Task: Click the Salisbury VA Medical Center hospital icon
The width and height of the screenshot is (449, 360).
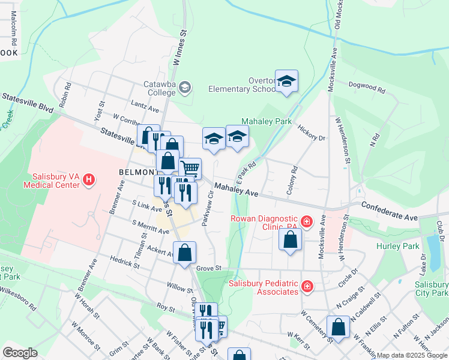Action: [89, 179]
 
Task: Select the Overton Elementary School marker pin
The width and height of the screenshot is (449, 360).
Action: [286, 82]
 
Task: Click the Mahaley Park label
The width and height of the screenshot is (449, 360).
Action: [266, 121]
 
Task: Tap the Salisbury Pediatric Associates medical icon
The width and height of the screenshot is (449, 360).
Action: [307, 287]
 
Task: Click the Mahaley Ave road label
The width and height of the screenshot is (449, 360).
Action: [237, 190]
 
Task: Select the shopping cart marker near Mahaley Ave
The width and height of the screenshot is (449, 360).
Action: [190, 169]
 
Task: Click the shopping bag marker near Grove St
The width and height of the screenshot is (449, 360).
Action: [184, 253]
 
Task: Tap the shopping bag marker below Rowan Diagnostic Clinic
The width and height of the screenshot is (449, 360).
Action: [291, 240]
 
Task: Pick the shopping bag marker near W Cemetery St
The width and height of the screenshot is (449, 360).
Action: [338, 328]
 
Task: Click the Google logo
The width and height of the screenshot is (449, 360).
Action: [20, 353]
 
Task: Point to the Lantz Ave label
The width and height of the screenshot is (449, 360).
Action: [145, 110]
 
